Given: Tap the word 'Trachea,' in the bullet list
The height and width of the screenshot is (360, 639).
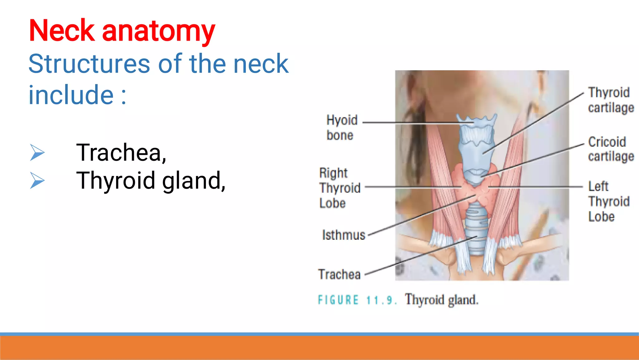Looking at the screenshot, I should point(121,153).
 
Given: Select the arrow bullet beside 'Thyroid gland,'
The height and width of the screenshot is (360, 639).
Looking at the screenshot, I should point(37,180).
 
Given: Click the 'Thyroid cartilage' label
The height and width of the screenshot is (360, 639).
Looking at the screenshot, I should point(611,100).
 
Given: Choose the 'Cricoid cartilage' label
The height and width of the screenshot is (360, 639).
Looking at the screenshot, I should point(611,149).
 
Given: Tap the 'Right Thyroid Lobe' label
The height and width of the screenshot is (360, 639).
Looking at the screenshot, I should point(339,188).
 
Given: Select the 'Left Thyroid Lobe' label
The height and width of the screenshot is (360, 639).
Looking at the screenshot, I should point(608,201).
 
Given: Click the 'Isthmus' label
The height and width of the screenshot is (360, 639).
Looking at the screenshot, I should point(344,235).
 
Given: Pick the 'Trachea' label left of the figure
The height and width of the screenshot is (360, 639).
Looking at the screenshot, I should point(339,274).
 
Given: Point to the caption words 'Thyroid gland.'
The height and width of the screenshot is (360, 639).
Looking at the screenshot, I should point(441,300).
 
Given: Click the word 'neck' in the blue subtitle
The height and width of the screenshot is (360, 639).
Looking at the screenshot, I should point(261,64).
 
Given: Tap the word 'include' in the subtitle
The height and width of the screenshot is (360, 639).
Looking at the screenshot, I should point(71,95).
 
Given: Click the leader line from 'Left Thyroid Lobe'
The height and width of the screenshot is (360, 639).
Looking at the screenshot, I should point(535,187).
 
